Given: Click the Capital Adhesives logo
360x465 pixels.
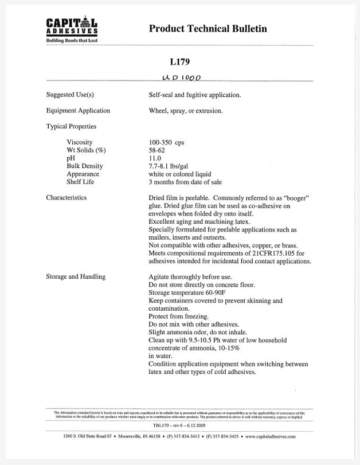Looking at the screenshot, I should (71, 30).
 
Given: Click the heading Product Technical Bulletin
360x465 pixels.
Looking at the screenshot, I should (208, 29).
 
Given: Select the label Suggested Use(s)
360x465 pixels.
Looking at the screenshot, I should (69, 95).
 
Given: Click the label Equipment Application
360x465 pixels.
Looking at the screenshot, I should (78, 111).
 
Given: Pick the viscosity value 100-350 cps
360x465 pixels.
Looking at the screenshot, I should (167, 142).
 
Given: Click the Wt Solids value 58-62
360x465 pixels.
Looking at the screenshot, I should (156, 150).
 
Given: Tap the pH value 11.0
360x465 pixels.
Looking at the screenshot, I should (155, 158).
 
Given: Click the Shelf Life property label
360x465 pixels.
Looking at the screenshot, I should (80, 182).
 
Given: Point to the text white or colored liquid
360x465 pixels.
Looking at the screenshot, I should (179, 174).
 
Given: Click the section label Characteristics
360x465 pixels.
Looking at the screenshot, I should (66, 198).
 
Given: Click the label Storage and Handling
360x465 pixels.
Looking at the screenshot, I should (76, 277).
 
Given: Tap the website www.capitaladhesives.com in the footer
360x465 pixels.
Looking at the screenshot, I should (271, 437).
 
